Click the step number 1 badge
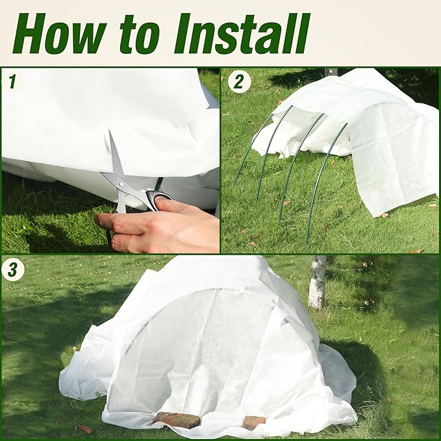pyautogui.click(x=12, y=82)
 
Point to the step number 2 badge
pyautogui.click(x=238, y=82)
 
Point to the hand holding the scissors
pyautogui.click(x=162, y=224)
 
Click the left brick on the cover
pyautogui.click(x=177, y=420)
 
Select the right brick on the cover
pyautogui.click(x=253, y=422)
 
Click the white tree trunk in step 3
pyautogui.click(x=318, y=282)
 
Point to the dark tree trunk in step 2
pyautogui.click(x=331, y=71)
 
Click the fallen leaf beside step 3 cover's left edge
pyautogui.click(x=84, y=429)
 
